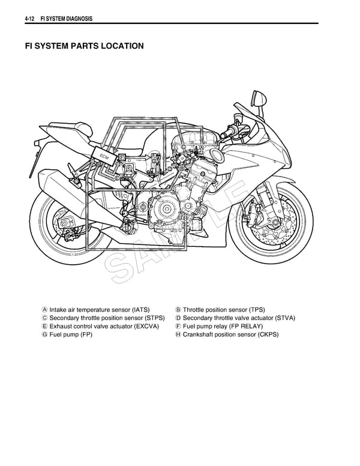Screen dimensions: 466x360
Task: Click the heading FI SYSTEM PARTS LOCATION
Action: pos(84,46)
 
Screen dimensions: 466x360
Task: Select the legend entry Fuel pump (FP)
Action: pos(71,334)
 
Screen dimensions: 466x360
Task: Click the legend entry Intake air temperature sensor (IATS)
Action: pos(100,309)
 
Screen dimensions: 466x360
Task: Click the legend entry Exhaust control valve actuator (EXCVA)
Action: pos(103,326)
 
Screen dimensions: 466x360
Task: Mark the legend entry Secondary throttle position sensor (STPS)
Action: pos(107,318)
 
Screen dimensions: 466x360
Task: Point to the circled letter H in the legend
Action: pos(178,334)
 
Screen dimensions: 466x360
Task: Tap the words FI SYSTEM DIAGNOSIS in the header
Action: pos(66,19)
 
